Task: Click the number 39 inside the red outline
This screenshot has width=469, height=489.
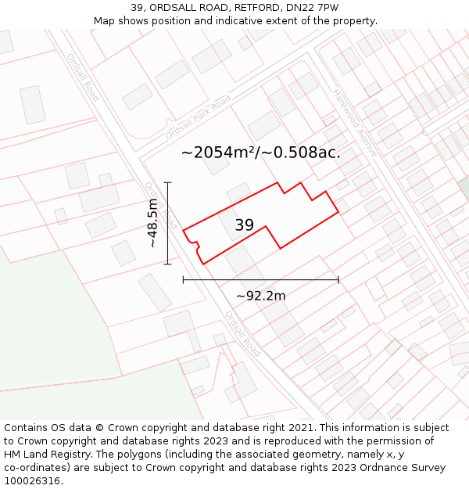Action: pos(244,225)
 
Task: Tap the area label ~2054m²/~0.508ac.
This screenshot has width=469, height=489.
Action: pos(260,153)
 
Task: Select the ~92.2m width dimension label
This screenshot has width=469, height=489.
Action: pos(260,295)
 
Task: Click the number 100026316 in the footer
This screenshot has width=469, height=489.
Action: pos(33,481)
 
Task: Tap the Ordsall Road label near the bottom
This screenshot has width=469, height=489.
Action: pos(242,334)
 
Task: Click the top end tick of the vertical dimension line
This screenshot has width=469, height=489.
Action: pos(167,183)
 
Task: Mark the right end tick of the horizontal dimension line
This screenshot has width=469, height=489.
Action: pos(338,279)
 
